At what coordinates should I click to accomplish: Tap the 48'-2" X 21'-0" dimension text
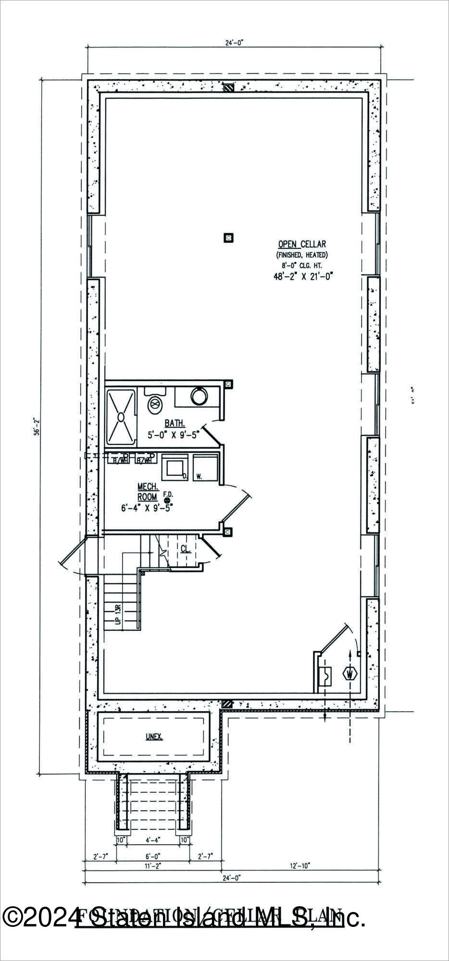click(303, 276)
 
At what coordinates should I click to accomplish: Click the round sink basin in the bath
click(199, 396)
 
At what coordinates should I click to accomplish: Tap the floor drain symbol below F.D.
click(167, 501)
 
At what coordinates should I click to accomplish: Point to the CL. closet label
click(186, 548)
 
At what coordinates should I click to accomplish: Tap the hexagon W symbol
click(349, 674)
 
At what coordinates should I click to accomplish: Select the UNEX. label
click(154, 737)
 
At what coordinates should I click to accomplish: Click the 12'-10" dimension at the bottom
click(301, 865)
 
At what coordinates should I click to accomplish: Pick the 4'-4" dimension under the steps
click(153, 840)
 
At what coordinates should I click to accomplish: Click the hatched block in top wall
click(230, 88)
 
